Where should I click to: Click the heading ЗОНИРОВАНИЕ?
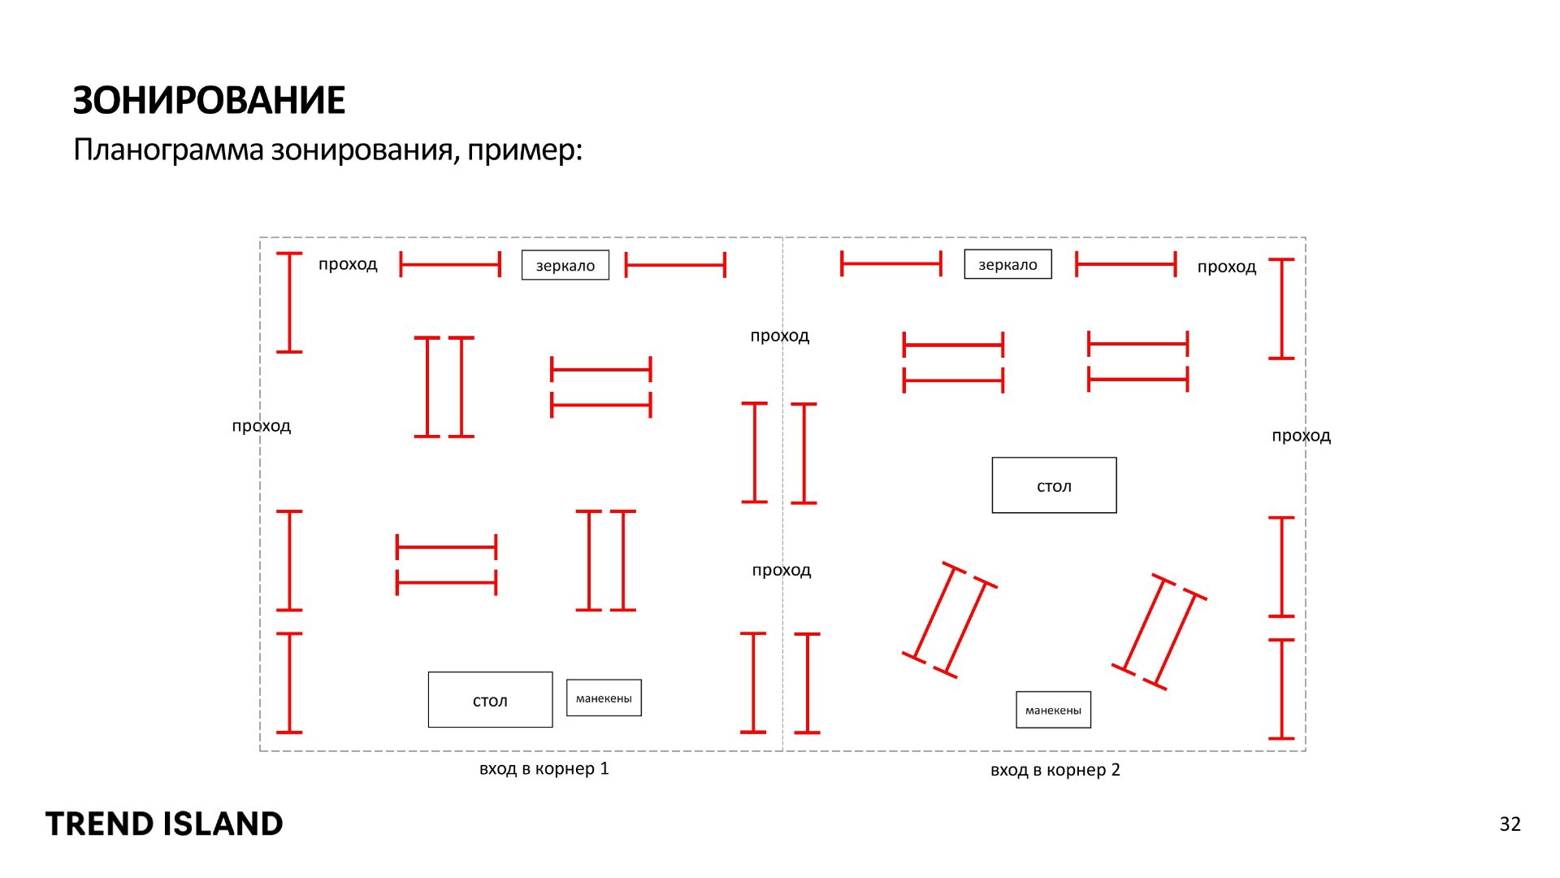pyautogui.click(x=209, y=101)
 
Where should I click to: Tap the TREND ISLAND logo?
pyautogui.click(x=164, y=824)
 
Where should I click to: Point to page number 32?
pyautogui.click(x=1510, y=824)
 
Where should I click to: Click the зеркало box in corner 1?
pyautogui.click(x=565, y=265)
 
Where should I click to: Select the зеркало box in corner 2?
pyautogui.click(x=1007, y=264)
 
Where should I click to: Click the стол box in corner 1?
pyautogui.click(x=490, y=700)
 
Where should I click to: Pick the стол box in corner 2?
pyautogui.click(x=1054, y=485)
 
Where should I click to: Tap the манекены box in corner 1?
pyautogui.click(x=604, y=698)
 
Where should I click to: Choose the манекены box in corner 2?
pyautogui.click(x=1053, y=710)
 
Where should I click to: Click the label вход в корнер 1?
pyautogui.click(x=544, y=769)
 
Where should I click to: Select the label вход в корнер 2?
pyautogui.click(x=1055, y=770)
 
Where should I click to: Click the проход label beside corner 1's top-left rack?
pyautogui.click(x=348, y=264)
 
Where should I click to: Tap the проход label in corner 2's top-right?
pyautogui.click(x=1226, y=267)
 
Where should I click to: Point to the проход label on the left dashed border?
pyautogui.click(x=261, y=426)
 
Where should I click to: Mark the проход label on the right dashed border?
pyautogui.click(x=1301, y=436)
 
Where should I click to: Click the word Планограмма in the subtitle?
pyautogui.click(x=168, y=150)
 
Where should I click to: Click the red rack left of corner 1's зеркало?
pyautogui.click(x=450, y=265)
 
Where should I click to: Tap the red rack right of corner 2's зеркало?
pyautogui.click(x=1125, y=264)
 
